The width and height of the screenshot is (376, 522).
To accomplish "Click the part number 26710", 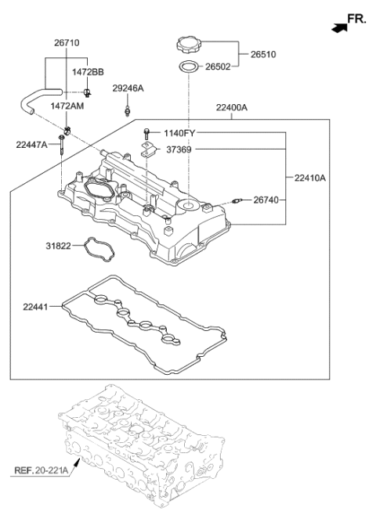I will (67, 43).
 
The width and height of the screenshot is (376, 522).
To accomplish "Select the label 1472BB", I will (88, 71).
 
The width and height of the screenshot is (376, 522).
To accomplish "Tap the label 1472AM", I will (67, 105).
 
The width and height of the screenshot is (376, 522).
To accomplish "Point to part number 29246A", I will (128, 88).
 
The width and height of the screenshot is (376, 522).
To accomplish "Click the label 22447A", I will (32, 144).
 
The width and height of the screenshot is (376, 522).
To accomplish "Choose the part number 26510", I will (263, 55).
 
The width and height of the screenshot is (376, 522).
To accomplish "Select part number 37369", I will (182, 149).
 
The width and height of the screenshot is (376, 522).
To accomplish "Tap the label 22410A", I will (310, 178).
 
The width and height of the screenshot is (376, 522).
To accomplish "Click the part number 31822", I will (58, 246).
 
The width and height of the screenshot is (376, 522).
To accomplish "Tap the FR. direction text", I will (356, 20).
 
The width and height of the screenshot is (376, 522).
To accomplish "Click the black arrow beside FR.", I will (338, 27).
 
